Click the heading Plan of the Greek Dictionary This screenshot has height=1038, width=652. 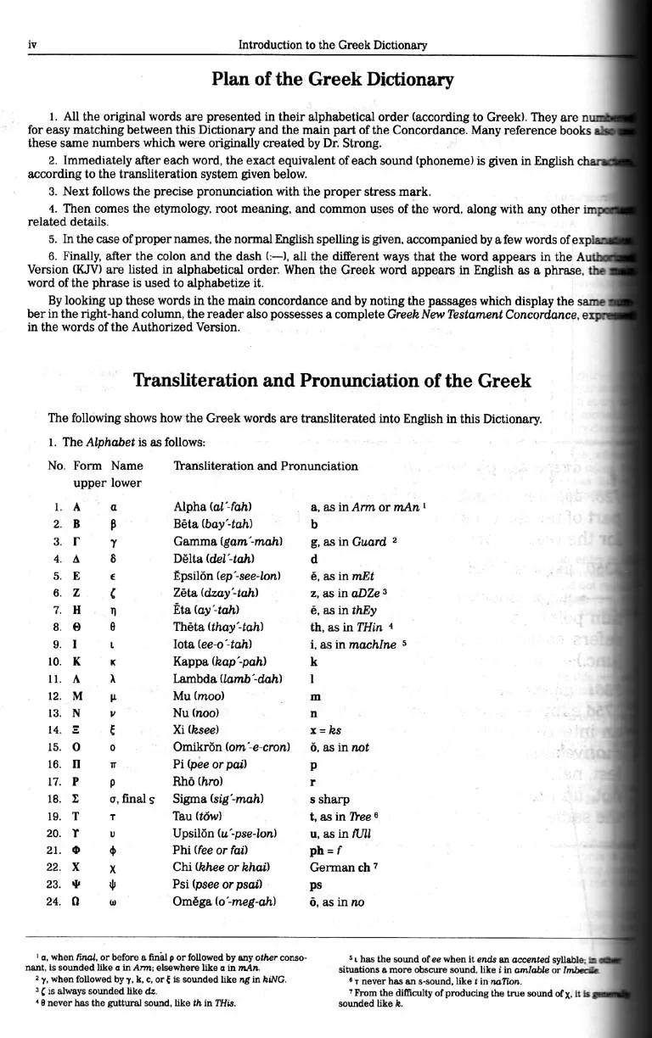332,80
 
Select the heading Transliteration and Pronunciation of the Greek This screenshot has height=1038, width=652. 332,380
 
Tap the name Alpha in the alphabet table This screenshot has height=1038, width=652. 189,507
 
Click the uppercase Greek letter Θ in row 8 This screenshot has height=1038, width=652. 77,628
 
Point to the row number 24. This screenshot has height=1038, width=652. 55,901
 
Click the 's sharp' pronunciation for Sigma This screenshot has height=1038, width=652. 329,799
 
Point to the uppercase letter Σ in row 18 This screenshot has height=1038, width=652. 77,799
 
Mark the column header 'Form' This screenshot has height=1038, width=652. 87,466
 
